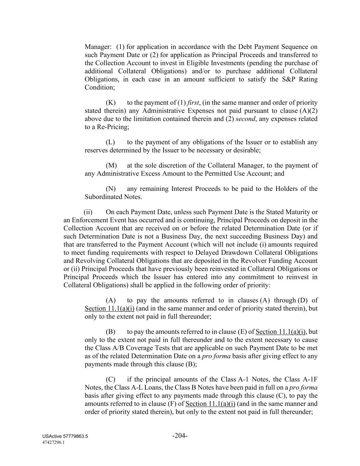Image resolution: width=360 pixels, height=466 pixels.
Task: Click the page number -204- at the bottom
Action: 180,436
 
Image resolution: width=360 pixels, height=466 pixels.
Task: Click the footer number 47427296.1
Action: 54,442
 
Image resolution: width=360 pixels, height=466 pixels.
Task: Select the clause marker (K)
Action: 111,102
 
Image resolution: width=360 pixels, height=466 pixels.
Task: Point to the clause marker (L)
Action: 110,142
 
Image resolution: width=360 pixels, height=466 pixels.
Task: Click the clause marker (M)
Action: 111,165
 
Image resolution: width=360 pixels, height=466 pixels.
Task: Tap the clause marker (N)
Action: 111,188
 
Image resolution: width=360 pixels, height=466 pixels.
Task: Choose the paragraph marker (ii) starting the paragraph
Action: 88,212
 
